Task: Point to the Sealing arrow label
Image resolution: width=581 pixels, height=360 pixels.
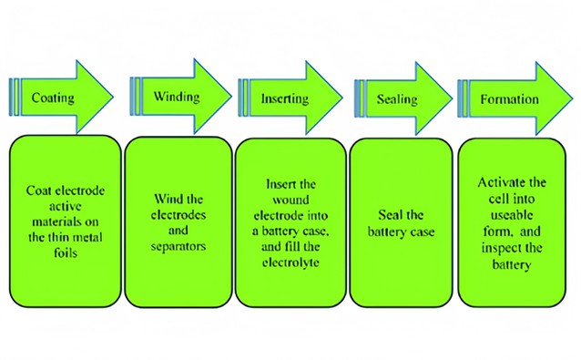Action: (396, 98)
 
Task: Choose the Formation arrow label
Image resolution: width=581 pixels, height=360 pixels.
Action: (510, 98)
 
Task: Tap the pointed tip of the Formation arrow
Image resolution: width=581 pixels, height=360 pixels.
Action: (573, 96)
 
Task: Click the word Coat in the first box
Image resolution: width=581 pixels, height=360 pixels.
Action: (40, 190)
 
